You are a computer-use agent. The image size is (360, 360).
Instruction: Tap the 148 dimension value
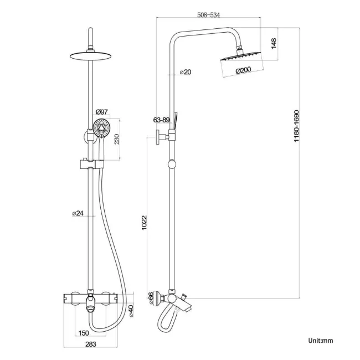pos(273,44)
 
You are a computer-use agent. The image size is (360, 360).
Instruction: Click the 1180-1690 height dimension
pos(297,127)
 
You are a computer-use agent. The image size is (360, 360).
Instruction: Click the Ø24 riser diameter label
pos(79,213)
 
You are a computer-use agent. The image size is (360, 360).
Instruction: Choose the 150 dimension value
pos(83,334)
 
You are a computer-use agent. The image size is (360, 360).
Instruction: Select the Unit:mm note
pos(321,341)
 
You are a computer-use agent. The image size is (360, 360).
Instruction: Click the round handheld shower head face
pos(101,131)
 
